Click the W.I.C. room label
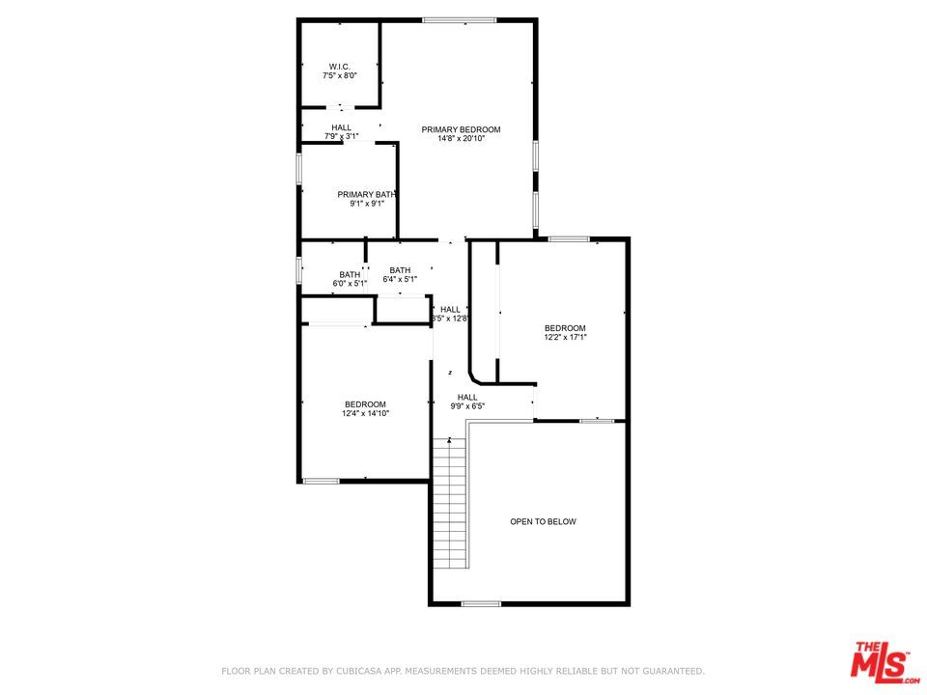339,66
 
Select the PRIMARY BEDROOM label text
461,129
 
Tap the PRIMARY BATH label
366,194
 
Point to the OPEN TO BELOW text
543,521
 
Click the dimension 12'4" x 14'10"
366,413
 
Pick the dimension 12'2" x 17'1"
565,337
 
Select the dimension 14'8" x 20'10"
461,139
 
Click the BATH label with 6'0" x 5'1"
349,274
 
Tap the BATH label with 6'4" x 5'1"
400,270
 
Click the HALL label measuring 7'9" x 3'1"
341,127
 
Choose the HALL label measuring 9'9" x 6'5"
467,397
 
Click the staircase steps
450,502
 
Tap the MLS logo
880,661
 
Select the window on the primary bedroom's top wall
459,20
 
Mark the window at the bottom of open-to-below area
481,604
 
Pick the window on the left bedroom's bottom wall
321,481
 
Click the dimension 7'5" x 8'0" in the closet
339,75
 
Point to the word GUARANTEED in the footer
667,671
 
